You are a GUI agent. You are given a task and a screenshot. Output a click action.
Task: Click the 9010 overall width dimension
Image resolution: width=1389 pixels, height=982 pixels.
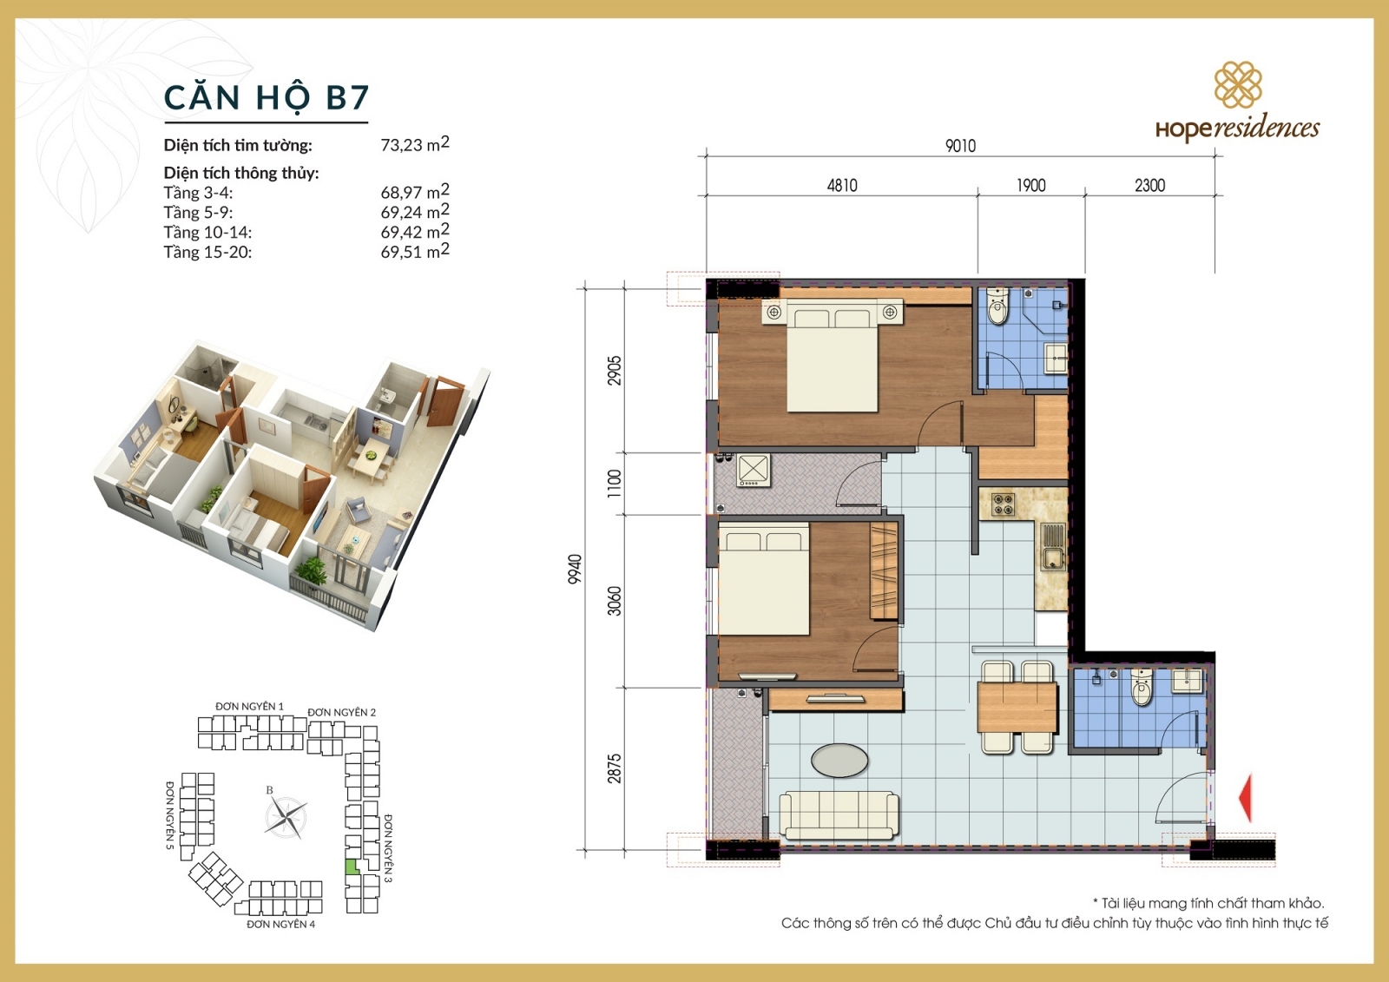[x=960, y=146]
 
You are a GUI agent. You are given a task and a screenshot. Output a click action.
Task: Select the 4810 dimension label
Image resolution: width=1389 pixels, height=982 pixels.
[x=841, y=185]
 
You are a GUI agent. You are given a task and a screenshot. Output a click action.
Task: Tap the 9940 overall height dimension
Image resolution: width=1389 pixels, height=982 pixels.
[x=575, y=569]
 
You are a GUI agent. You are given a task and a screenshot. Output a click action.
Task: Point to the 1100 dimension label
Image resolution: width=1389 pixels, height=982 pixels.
[x=615, y=483]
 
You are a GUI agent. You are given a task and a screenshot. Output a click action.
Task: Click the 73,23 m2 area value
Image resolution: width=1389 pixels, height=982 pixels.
[x=414, y=144]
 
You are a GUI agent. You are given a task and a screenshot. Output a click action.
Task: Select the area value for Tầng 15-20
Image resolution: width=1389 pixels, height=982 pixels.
[x=414, y=252]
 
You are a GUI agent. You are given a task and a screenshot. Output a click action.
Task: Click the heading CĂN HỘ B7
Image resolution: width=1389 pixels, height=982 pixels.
[x=267, y=97]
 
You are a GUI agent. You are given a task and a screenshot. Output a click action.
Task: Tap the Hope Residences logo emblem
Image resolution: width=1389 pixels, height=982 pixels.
[x=1237, y=84]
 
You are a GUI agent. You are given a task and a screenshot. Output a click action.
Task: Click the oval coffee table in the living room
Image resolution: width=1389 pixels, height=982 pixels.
[x=839, y=761]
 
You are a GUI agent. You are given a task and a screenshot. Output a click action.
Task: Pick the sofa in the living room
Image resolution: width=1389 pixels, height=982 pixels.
[x=839, y=814]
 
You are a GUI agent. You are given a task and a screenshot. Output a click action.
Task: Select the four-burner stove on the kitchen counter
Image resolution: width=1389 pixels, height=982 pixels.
[x=1003, y=504]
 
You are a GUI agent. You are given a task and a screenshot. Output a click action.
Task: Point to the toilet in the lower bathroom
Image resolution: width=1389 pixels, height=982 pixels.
[x=1142, y=689]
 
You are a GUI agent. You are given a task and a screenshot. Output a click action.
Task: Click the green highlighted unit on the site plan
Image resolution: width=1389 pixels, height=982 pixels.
[x=351, y=866]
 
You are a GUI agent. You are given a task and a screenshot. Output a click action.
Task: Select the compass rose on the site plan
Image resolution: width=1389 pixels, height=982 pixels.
[x=286, y=816]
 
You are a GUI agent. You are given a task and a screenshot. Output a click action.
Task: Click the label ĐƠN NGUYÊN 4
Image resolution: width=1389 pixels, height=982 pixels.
[x=280, y=925]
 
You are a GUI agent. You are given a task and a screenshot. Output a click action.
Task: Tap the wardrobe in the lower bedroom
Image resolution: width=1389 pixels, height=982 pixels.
[x=884, y=570]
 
